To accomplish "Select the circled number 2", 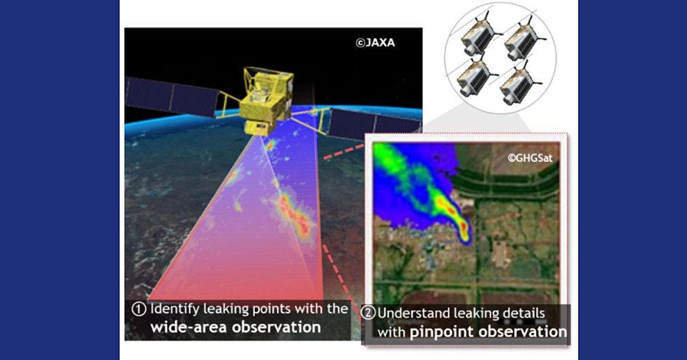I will pyautogui.click(x=369, y=314).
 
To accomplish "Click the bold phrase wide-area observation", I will pyautogui.click(x=235, y=327).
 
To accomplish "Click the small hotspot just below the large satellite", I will pyautogui.click(x=270, y=145).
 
